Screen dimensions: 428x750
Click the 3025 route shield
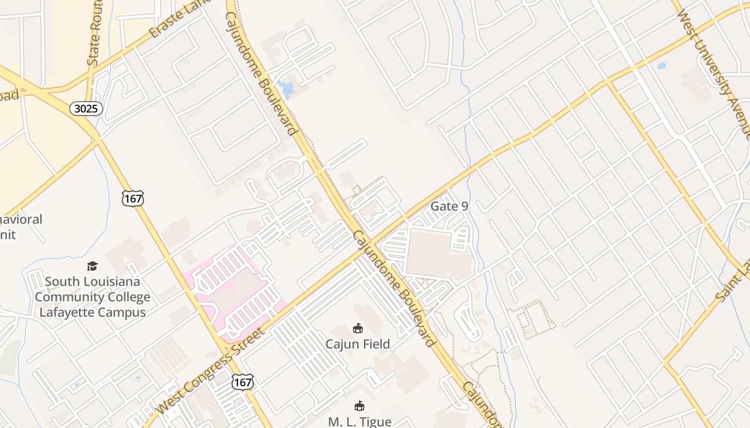point(86,109)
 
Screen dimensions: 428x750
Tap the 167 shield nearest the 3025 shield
point(132,198)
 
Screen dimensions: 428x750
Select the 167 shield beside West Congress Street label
point(242,382)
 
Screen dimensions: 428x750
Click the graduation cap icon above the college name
point(93,266)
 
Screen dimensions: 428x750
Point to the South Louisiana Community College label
point(93,296)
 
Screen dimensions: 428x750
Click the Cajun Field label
point(358,344)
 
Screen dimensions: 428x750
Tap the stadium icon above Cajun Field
point(358,328)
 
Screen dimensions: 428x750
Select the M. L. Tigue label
point(359,422)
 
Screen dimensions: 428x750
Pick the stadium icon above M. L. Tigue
point(359,406)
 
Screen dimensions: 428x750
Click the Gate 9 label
point(449,207)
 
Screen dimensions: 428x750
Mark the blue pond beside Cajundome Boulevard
point(286,89)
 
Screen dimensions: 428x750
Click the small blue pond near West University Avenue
point(662,66)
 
